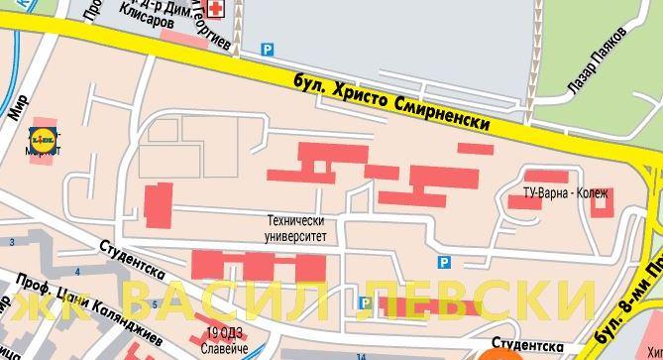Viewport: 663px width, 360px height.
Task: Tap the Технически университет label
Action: tap(295, 229)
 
